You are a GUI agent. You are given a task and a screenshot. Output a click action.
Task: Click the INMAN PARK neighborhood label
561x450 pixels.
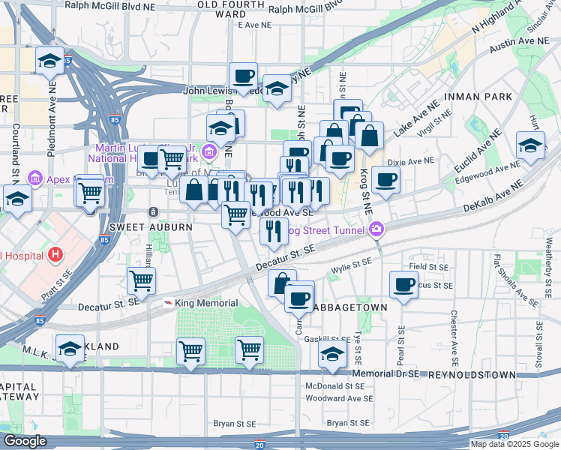(478, 97)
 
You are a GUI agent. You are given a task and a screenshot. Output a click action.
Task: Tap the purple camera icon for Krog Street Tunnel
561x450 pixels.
(376, 228)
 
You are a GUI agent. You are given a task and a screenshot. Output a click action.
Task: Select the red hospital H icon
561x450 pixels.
(54, 255)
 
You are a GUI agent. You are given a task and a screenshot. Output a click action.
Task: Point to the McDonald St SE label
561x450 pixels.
(334, 385)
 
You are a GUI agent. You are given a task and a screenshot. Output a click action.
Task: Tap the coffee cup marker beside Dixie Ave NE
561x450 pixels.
(385, 180)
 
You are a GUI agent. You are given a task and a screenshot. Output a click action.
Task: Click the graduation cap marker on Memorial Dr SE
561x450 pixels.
(332, 355)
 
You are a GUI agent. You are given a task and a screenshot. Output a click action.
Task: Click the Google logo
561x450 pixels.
(24, 441)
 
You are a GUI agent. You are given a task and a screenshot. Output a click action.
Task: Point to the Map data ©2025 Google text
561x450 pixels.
(514, 444)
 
